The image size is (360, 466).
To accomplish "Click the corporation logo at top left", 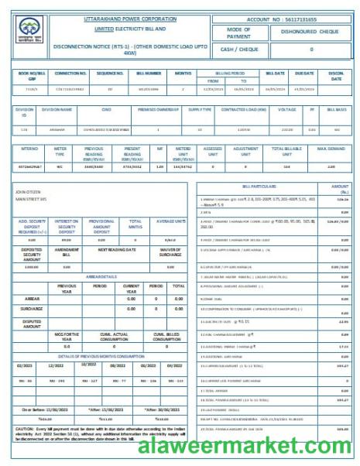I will click(29, 30).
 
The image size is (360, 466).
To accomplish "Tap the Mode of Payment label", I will click(238, 33).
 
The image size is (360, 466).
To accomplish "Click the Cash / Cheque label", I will click(238, 49).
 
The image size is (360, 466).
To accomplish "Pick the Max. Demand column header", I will click(331, 148).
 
